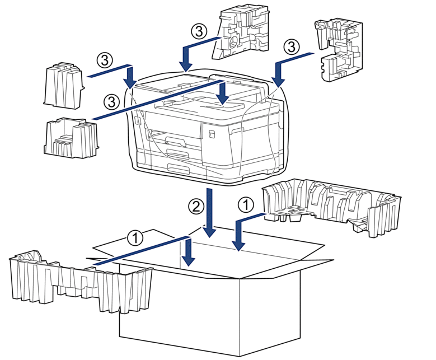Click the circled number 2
[196, 206]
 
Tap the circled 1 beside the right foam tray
[246, 205]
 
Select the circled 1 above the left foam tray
[135, 237]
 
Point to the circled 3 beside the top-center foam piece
[199, 31]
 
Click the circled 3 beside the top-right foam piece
[292, 46]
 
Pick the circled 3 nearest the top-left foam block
[105, 60]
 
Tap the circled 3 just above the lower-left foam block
[111, 102]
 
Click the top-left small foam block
[64, 86]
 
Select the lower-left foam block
[71, 138]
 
